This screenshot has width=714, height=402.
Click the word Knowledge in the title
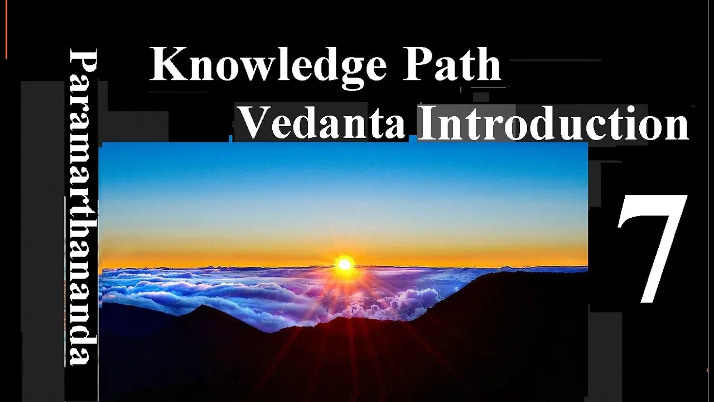pos(268,65)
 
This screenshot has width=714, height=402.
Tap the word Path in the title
pos(452,65)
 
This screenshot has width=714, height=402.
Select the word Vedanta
pos(322,123)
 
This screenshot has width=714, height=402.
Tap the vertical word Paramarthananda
pos(83,207)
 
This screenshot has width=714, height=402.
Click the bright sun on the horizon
pos(345,264)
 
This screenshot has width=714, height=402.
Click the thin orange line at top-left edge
pos(6,28)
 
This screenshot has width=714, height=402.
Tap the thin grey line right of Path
pos(555,60)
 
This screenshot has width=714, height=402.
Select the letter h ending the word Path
pos(488,65)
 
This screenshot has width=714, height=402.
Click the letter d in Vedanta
pos(306,123)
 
